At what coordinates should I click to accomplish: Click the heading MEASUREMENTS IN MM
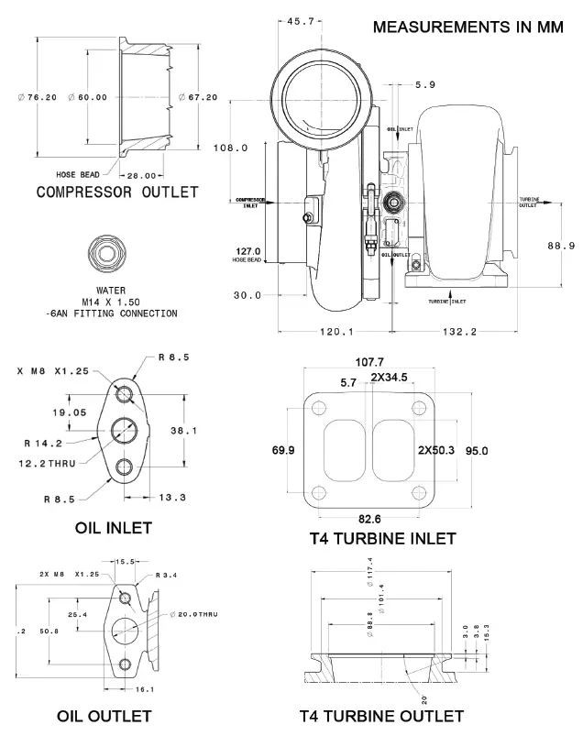click(x=468, y=27)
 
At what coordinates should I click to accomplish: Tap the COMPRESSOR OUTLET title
click(x=116, y=192)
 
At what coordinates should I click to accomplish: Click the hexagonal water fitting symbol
click(x=106, y=253)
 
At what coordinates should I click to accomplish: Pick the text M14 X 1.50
click(x=111, y=302)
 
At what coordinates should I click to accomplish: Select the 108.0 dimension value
click(x=231, y=148)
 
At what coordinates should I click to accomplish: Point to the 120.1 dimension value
click(x=336, y=332)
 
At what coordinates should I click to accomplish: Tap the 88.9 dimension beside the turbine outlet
click(x=560, y=246)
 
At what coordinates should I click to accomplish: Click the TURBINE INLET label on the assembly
click(x=446, y=300)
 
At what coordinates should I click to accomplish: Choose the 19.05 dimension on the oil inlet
click(x=70, y=412)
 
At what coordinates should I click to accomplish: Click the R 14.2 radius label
click(x=42, y=444)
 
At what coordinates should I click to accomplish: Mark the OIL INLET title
click(x=113, y=528)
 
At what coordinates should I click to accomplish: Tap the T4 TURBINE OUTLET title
click(x=380, y=715)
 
